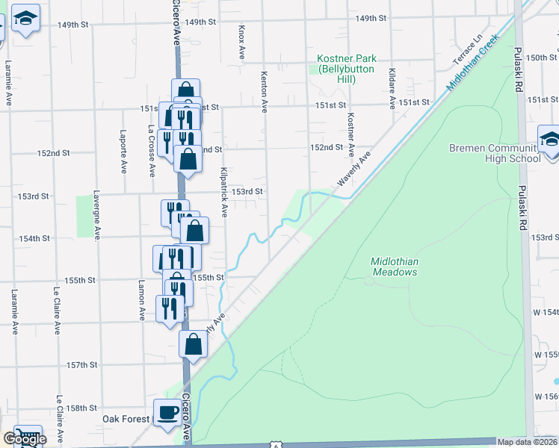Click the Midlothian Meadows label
click(x=394, y=267)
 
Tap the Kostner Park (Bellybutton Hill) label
click(x=345, y=69)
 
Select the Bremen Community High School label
click(x=495, y=153)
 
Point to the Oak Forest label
click(x=126, y=420)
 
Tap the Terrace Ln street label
click(x=466, y=49)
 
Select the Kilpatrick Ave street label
click(x=223, y=193)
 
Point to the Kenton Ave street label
click(x=263, y=92)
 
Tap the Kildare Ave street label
click(x=392, y=87)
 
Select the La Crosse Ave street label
click(x=152, y=152)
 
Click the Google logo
click(x=24, y=439)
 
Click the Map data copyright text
click(x=528, y=442)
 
